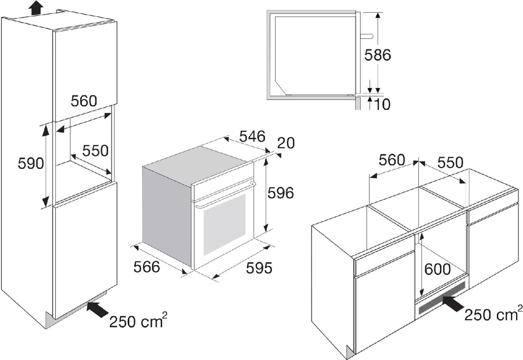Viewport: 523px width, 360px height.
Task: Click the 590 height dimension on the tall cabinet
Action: [x=31, y=163]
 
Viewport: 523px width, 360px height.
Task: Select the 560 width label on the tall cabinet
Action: [x=84, y=101]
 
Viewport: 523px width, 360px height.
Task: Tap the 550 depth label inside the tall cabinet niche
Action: [x=95, y=151]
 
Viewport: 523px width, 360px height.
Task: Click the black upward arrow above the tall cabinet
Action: [x=35, y=6]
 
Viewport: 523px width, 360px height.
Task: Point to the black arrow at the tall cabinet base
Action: [x=96, y=309]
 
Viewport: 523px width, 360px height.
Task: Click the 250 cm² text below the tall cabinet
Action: [x=138, y=321]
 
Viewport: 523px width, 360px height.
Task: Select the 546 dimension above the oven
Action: [x=253, y=137]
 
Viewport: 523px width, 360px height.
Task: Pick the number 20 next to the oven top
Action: [x=286, y=143]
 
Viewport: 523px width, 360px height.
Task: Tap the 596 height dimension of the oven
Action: [x=281, y=193]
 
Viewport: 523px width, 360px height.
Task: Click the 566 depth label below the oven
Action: [x=147, y=267]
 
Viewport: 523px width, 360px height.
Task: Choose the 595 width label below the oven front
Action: [x=259, y=268]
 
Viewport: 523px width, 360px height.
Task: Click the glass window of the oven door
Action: [x=224, y=224]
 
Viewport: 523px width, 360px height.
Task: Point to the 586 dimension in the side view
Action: [x=377, y=55]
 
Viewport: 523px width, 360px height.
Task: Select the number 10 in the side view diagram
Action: [x=382, y=105]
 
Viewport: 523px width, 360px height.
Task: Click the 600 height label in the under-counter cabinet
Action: [x=437, y=269]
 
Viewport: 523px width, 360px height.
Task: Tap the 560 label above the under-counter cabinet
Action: [x=392, y=160]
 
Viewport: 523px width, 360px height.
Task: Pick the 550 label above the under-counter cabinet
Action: [x=450, y=163]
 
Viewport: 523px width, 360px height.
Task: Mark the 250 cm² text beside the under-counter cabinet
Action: [x=493, y=313]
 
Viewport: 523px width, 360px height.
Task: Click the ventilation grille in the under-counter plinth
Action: [x=441, y=298]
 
